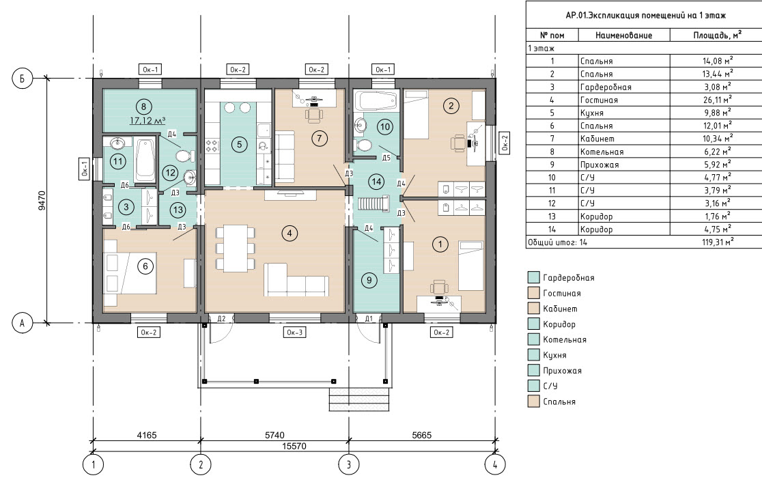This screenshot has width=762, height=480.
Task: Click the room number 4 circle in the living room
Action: coord(289,234)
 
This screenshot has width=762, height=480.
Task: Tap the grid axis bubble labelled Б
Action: coord(22,79)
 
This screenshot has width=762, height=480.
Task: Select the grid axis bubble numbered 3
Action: coord(348,465)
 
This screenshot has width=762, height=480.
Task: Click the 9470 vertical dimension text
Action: coord(42,200)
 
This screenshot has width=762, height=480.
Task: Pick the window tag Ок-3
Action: coord(295,333)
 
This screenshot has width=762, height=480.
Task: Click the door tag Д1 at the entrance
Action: coord(369,319)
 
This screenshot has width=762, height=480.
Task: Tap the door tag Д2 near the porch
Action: coord(222,319)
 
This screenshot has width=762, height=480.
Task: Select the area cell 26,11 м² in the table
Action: coord(718,100)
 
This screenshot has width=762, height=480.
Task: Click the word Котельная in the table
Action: coord(602,152)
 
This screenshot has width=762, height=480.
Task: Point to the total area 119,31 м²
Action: coord(718,242)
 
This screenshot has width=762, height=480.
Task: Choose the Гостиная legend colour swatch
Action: coord(533,293)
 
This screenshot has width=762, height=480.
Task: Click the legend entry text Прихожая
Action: coord(562,371)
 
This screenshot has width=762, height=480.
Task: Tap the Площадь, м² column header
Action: coord(718,35)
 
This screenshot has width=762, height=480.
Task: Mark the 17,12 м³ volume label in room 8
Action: coord(147,120)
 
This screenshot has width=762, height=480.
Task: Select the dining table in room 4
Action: coord(235,249)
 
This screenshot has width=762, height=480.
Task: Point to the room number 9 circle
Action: coord(369,280)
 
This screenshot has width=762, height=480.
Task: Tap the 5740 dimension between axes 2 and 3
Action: coord(274,436)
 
